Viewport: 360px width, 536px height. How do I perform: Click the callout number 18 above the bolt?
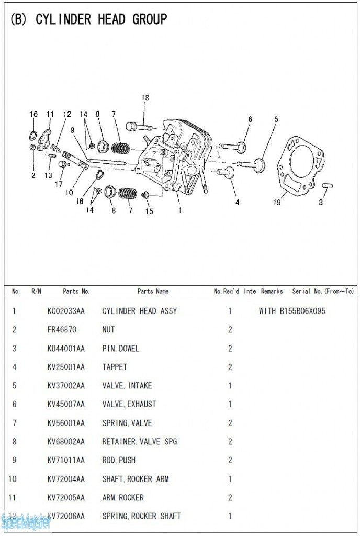[145, 98]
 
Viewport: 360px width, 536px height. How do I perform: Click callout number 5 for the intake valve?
[276, 119]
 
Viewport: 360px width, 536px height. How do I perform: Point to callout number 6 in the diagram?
[250, 119]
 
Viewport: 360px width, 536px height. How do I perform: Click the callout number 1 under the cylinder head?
[181, 210]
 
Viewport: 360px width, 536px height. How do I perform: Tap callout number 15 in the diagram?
[150, 211]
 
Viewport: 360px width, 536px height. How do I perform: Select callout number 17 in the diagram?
[60, 184]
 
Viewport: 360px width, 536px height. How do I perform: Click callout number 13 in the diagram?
[49, 175]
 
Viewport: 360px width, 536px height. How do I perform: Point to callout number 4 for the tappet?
[237, 202]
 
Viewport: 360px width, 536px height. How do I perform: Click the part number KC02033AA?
[65, 311]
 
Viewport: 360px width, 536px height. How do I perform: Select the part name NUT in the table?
[108, 330]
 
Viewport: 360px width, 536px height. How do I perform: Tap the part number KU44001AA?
[65, 349]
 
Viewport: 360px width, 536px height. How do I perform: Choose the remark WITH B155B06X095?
[292, 311]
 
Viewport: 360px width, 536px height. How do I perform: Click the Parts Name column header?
[153, 291]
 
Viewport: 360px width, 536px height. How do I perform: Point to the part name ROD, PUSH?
[119, 460]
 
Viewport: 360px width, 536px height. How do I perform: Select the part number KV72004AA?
[65, 479]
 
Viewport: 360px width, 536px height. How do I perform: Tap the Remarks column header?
[272, 291]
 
